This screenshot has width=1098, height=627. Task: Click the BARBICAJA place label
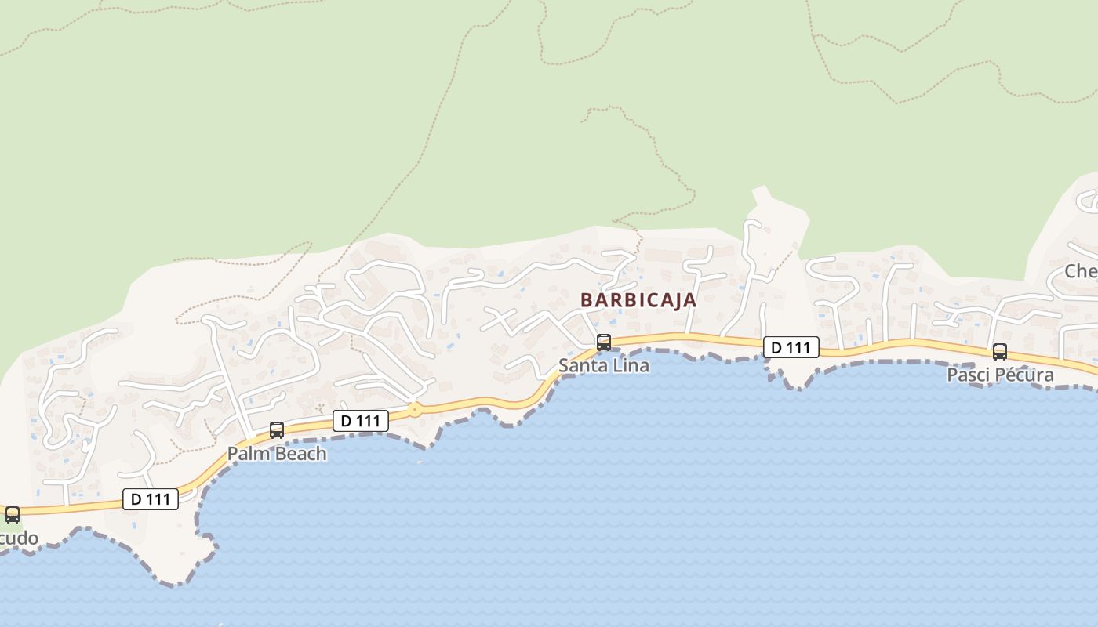point(638,299)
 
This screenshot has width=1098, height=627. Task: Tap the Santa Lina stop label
point(604,365)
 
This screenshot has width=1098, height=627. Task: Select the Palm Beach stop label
point(277,453)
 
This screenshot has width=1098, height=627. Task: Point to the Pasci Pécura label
point(1000,375)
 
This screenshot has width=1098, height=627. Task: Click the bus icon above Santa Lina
point(604,342)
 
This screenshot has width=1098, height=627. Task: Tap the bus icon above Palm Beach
point(277,429)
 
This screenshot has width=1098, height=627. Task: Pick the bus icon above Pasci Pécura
point(1000,351)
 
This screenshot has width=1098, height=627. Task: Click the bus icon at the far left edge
point(13,515)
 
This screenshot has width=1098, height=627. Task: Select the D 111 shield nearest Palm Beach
point(361,421)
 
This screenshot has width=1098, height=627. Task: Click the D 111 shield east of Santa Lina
point(791,347)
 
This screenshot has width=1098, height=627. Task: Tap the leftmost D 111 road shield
point(151,499)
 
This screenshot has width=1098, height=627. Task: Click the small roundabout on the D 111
point(415,409)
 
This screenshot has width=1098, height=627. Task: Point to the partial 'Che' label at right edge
point(1081,271)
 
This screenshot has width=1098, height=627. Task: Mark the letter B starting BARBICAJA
point(586,299)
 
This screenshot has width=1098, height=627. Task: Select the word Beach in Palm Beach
point(298,453)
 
